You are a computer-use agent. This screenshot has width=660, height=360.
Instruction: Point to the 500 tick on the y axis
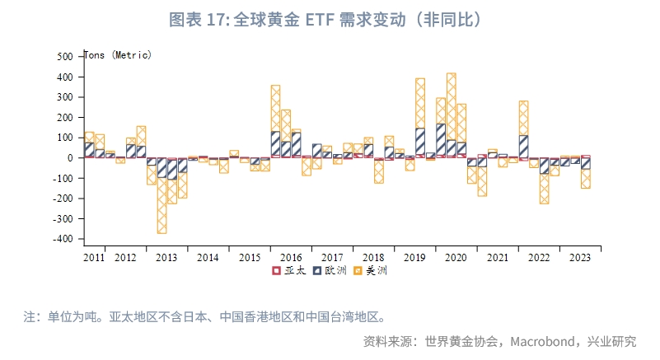coord(66,57)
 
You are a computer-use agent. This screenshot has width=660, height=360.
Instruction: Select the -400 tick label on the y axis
coord(63,239)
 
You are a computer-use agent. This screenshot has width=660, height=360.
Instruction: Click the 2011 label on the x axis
coord(94,258)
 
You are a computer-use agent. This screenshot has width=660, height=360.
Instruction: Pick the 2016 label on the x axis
coord(291,258)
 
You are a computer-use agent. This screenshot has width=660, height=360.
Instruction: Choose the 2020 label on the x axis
coord(456,258)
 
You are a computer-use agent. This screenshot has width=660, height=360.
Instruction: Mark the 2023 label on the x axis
coord(579,258)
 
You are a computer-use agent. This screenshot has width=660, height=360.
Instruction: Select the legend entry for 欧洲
coord(328,270)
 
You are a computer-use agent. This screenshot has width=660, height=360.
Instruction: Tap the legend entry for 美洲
coord(369,270)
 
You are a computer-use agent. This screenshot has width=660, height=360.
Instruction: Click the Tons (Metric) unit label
coord(119,55)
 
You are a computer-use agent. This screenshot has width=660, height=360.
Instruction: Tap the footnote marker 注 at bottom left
coord(30,316)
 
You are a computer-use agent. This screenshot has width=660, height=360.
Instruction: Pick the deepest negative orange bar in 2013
coord(161,206)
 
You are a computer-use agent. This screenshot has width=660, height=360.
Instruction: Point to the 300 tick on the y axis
coord(66,97)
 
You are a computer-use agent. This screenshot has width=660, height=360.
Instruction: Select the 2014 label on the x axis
coord(208,258)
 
